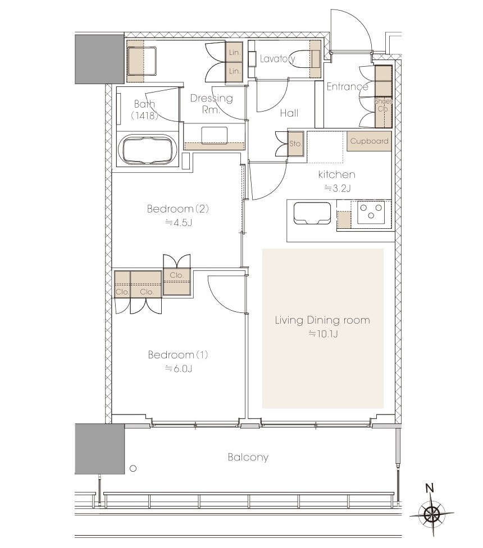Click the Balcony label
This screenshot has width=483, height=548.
[x=248, y=457]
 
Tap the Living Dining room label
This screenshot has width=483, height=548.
[x=322, y=320]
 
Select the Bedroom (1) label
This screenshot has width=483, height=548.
[x=178, y=354]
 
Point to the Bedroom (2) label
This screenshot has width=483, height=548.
[x=178, y=209]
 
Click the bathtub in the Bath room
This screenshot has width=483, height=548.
[x=147, y=150]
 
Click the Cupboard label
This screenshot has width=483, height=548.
[x=369, y=141]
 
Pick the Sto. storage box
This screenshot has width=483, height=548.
[x=295, y=144]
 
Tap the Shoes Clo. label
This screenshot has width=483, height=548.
[x=384, y=105]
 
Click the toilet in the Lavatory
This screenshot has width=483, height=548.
[x=304, y=59]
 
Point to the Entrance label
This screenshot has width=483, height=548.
[x=347, y=86]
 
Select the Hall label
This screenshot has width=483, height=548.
[x=289, y=113]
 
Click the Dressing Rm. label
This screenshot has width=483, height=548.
[x=211, y=103]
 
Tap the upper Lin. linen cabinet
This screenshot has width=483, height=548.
[x=235, y=52]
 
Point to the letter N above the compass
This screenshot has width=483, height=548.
[x=430, y=488]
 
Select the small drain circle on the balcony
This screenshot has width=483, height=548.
[x=133, y=469]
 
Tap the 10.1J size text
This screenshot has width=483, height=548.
[x=323, y=334]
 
